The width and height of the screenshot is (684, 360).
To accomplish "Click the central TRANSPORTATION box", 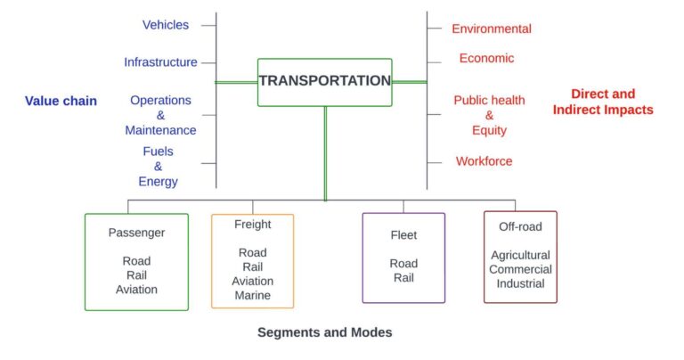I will coord(324,81).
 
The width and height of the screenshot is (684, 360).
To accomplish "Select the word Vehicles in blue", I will coord(166,25).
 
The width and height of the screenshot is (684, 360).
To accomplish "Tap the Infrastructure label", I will coord(160,62).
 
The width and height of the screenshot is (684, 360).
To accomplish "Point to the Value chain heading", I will coord(61,101).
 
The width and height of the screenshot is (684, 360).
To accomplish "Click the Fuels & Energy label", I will coord(158,167).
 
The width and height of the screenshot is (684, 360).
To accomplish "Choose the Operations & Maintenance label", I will coord(160,115).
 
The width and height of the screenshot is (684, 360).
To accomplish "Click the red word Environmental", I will coord(492,29).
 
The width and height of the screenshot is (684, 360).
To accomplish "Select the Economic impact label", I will coord(486,59).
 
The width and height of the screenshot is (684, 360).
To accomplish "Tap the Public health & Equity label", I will coord(489,115).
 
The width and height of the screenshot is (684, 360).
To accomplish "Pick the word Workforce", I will coord(484,161).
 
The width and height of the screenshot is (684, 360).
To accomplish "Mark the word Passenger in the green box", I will coord(136,233).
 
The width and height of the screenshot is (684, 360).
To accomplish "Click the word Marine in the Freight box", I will coord(253,295).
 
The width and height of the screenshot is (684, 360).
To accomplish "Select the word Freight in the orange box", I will coord(253,225).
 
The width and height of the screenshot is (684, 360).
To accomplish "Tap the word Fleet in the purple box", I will coord(403,235).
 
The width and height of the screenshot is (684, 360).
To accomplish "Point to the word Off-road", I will coord(520,226).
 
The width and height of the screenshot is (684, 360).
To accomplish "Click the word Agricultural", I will coord(520,256).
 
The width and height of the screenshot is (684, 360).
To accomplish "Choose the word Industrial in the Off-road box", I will coord(520,284).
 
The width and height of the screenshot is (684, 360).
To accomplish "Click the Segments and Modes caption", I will coord(324,332).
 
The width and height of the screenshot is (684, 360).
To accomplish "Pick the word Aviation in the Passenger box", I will coord(136,290).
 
